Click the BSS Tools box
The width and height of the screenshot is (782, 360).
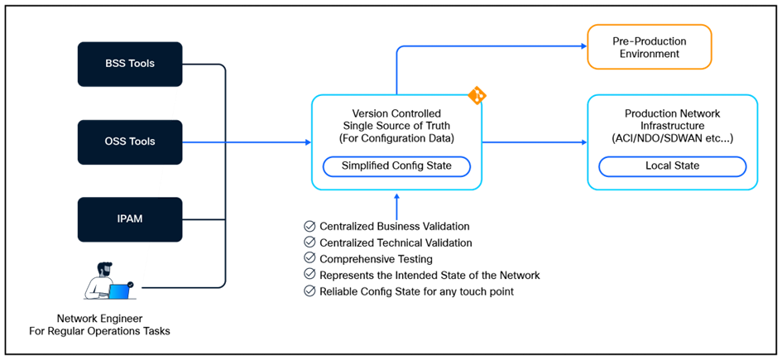[x=129, y=64]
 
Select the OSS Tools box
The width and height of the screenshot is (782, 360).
[x=129, y=142]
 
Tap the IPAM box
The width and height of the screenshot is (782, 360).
[x=129, y=219]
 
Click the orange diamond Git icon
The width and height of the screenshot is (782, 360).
[x=477, y=95]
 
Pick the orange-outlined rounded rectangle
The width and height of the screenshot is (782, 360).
[x=649, y=46]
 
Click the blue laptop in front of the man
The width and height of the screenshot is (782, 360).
[x=120, y=291]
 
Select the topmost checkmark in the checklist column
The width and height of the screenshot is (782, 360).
[x=310, y=226]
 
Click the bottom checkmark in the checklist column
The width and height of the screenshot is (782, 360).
[x=310, y=290]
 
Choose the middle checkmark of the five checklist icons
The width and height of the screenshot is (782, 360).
[x=310, y=257]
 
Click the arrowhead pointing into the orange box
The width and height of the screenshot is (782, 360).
[x=583, y=46]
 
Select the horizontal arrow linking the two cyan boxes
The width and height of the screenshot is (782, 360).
[x=534, y=142]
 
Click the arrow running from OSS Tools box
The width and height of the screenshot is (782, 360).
[x=248, y=142]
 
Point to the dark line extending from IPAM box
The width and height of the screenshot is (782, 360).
[x=204, y=219]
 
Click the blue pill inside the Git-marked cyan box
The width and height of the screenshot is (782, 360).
[x=396, y=166]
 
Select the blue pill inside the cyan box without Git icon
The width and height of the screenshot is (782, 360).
[x=672, y=166]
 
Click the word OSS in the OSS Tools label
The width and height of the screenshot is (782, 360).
[x=115, y=142]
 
